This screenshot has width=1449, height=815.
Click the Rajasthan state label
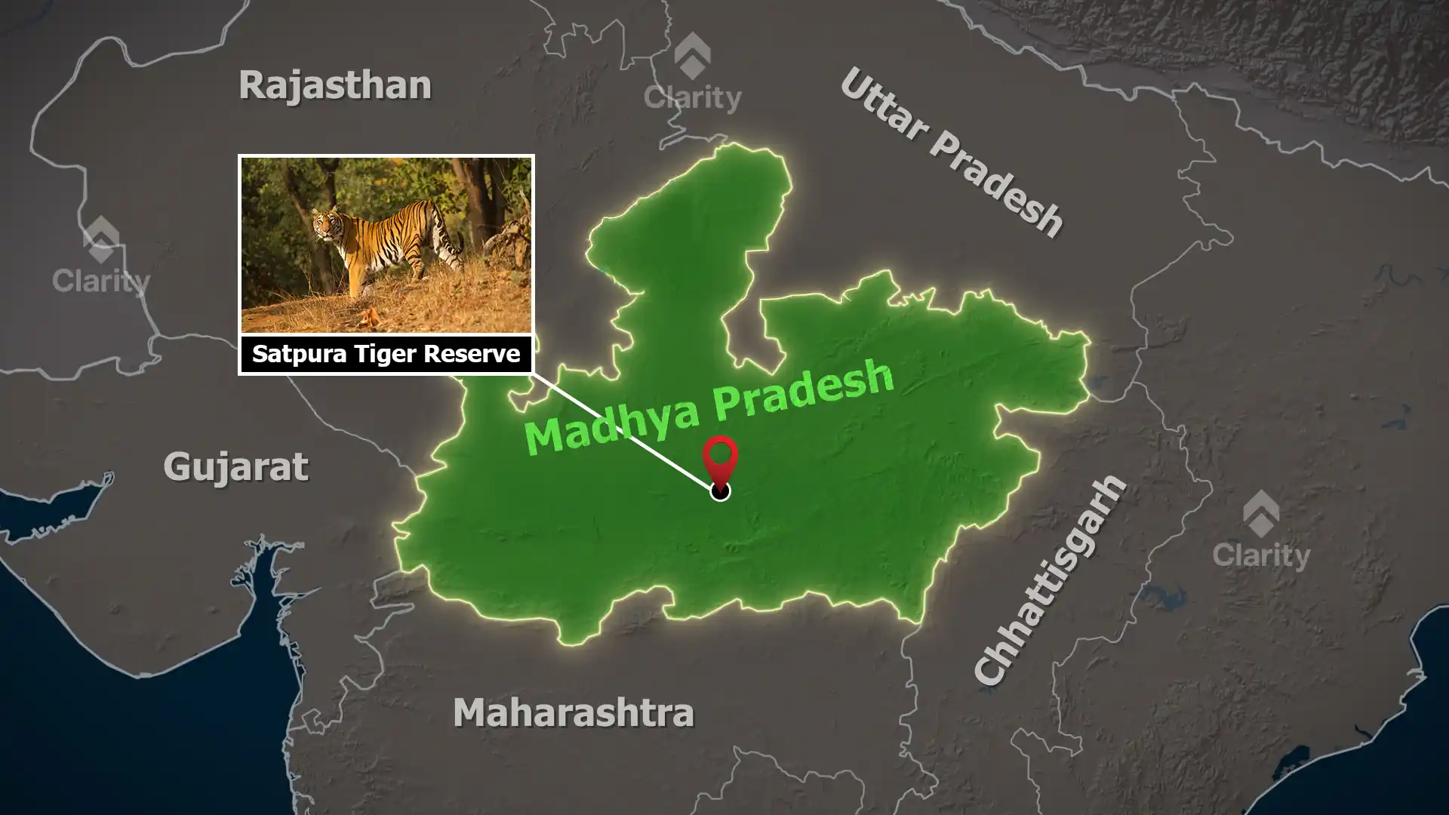(335, 85)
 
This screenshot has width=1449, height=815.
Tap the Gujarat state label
(235, 467)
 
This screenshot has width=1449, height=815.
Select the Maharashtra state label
(573, 712)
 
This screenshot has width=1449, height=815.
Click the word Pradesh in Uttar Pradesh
(996, 185)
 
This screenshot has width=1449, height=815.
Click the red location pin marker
(720, 457)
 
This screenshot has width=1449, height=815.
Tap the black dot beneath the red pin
(720, 492)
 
